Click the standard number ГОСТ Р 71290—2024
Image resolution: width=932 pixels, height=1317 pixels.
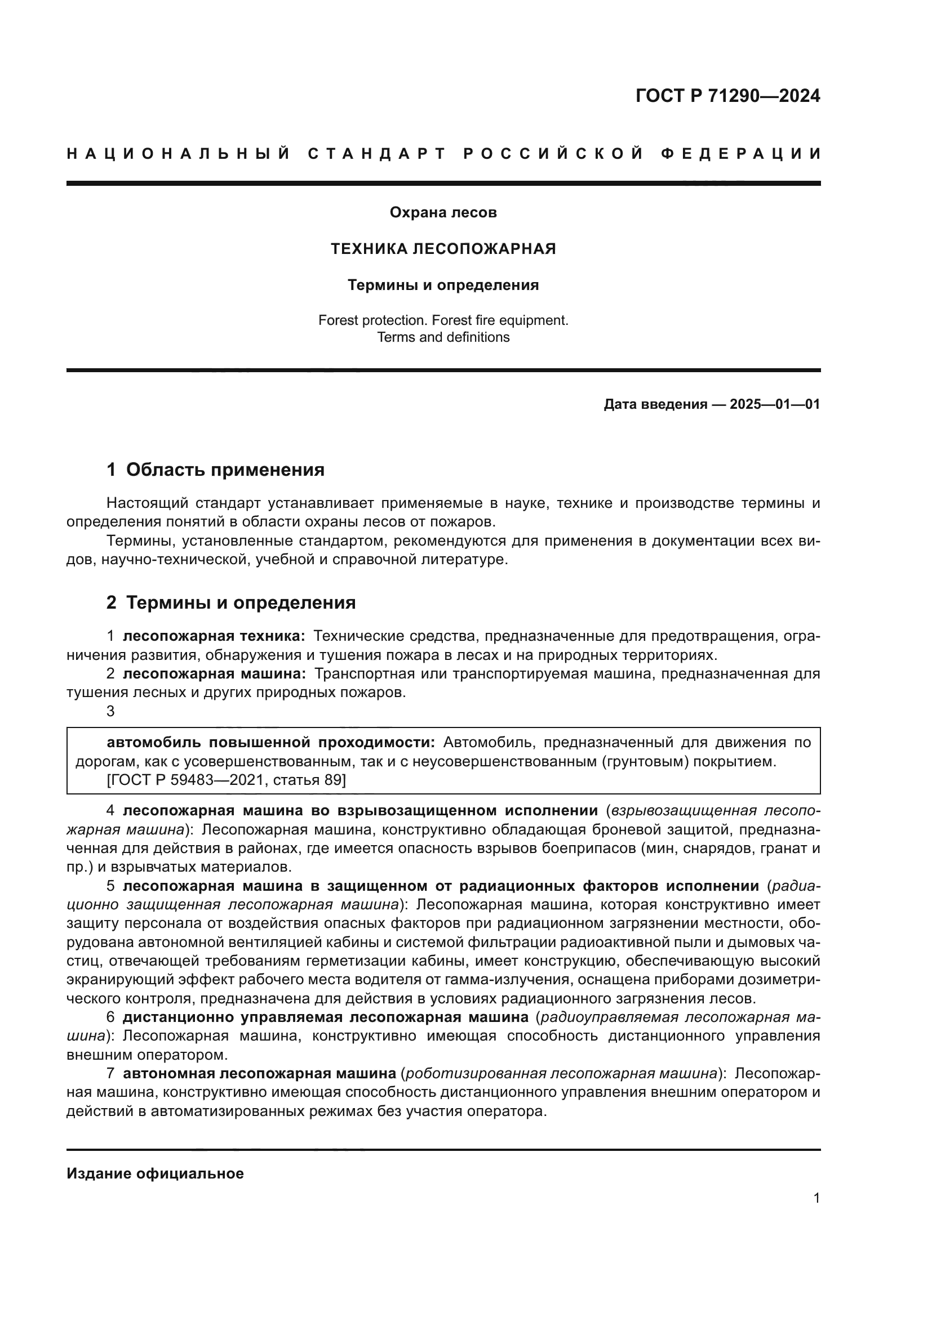tap(727, 96)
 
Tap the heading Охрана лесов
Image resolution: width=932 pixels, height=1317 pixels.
tap(443, 213)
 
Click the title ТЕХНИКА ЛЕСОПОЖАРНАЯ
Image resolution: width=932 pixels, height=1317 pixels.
tap(443, 249)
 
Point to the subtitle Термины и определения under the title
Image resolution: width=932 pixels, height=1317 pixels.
tap(443, 285)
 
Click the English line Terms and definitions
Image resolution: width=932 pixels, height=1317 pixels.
tap(443, 337)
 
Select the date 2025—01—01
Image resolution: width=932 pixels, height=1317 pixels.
tap(774, 404)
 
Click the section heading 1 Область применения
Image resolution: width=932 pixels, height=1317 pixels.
tap(215, 470)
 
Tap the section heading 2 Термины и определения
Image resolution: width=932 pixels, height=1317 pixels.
tap(230, 603)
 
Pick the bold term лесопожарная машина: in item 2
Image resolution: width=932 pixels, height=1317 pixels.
tap(214, 673)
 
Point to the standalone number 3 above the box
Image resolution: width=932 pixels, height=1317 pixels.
tap(111, 711)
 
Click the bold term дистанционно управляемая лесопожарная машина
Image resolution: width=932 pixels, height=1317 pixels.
tap(325, 1017)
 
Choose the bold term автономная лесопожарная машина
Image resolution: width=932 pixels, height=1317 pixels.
tap(259, 1073)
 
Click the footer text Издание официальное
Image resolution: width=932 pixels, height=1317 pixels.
tap(155, 1173)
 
